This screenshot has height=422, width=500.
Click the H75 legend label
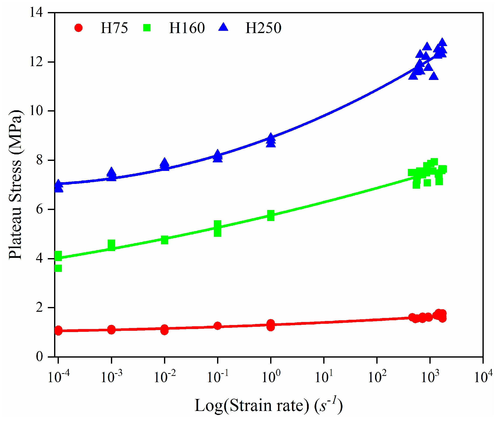click(x=114, y=28)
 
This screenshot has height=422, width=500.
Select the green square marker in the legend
click(x=147, y=28)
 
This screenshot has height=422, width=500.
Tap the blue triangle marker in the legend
click(x=223, y=27)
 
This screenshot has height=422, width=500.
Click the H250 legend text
click(x=263, y=28)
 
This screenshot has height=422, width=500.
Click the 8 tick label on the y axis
click(x=40, y=160)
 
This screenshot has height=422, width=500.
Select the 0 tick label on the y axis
click(x=40, y=356)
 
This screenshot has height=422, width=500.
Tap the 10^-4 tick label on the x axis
click(x=58, y=377)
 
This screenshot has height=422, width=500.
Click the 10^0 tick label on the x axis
click(x=271, y=377)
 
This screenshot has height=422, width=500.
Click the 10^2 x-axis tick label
click(x=377, y=377)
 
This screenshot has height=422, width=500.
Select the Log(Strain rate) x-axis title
click(x=268, y=405)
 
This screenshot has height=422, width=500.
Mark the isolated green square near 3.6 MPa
click(x=58, y=268)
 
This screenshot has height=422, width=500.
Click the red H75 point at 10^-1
click(x=218, y=326)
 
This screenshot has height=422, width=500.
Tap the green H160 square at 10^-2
click(x=164, y=240)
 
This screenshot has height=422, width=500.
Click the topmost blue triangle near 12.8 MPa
click(x=442, y=42)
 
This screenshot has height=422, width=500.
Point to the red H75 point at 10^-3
click(x=111, y=330)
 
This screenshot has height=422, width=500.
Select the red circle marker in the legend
click(x=78, y=28)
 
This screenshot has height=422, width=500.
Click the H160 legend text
click(x=187, y=28)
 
